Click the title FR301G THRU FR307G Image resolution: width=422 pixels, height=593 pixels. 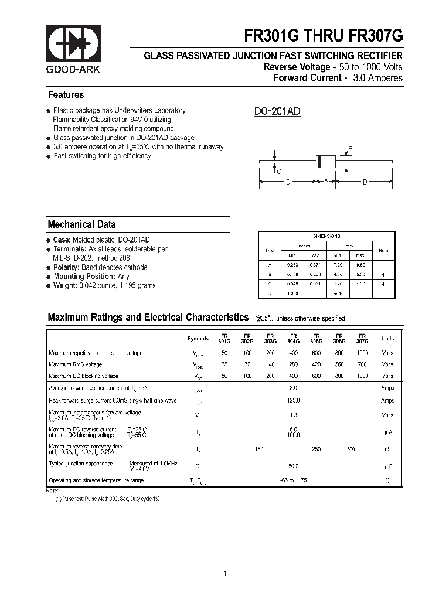pos(324,36)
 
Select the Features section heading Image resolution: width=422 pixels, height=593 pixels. pos(66,95)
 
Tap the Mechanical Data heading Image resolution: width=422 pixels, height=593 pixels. pos(81,224)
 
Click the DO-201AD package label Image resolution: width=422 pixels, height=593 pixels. pos(277,112)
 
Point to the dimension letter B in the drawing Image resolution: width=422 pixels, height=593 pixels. pos(350,149)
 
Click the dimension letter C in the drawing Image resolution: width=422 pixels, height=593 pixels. pos(278,172)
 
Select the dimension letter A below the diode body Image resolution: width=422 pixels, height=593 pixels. pos(326,182)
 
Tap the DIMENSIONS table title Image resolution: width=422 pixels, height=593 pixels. pos(326,236)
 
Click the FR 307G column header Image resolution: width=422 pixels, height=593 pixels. pos(362,338)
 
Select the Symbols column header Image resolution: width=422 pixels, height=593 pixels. pos(198,339)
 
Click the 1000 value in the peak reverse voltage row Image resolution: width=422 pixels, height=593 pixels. pos(363,353)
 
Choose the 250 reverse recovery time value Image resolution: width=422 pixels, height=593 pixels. pos(316,449)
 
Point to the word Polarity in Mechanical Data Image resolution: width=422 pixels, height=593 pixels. pos(66,267)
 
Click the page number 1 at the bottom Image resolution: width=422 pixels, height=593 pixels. pos(225,557)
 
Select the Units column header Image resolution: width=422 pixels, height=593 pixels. pos(387,339)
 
